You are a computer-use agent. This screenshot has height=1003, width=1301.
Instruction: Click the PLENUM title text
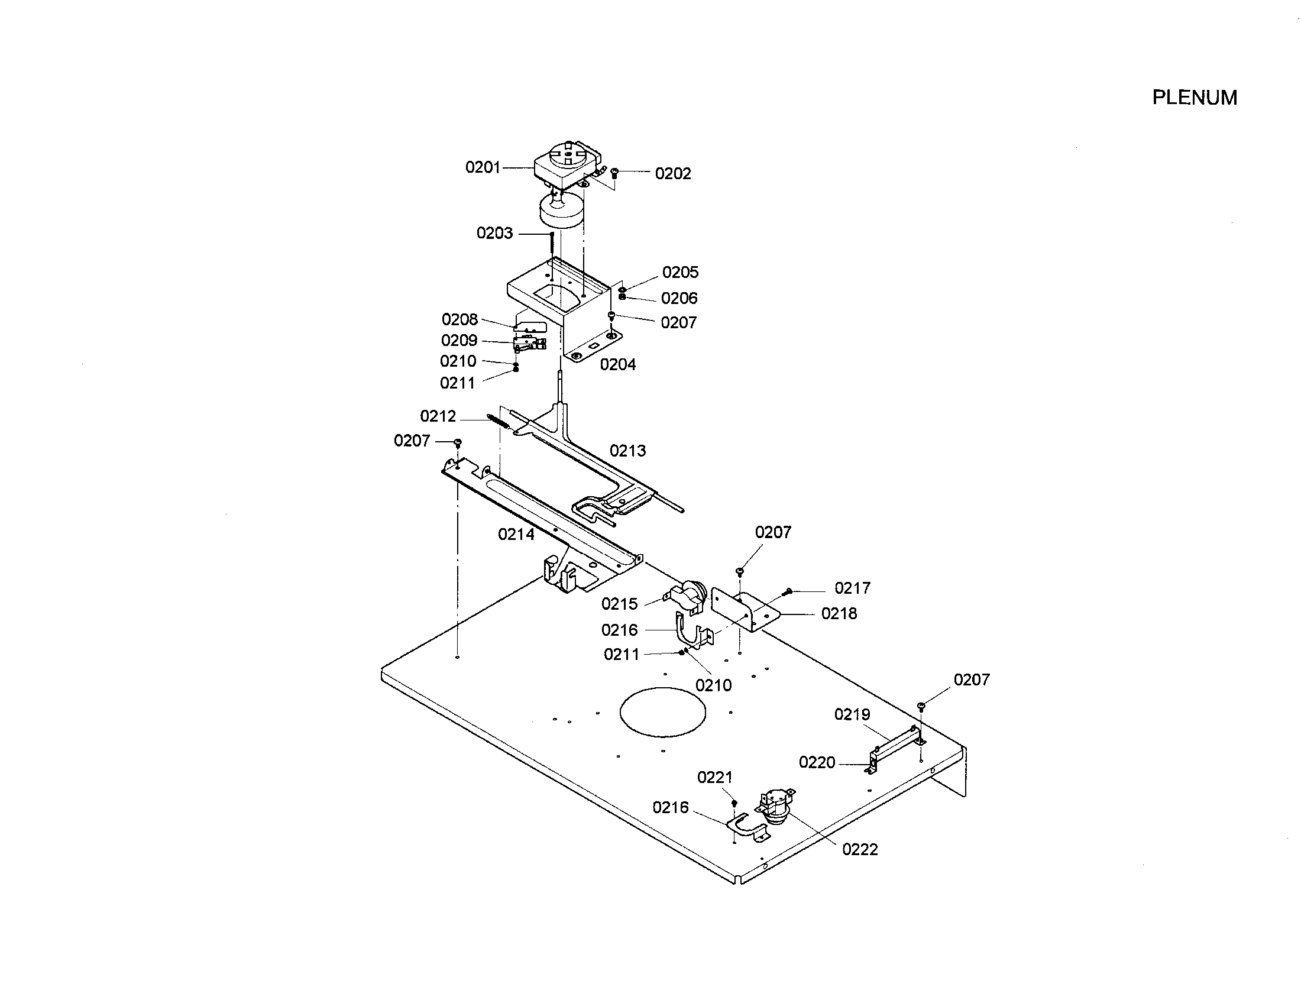(x=1195, y=98)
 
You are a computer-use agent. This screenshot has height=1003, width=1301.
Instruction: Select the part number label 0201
(x=483, y=167)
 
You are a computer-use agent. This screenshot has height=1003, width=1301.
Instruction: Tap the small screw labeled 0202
(x=616, y=173)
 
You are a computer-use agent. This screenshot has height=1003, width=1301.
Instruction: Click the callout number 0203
(x=494, y=233)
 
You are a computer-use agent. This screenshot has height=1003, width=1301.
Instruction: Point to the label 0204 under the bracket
(x=618, y=364)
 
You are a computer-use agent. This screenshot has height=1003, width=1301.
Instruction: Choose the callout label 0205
(x=680, y=272)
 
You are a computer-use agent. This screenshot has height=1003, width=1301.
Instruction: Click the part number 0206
(x=679, y=299)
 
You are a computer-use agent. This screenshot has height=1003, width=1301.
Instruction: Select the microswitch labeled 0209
(x=529, y=344)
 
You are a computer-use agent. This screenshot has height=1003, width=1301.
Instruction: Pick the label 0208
(x=459, y=320)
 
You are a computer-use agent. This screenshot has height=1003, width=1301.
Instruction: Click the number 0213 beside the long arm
(x=627, y=451)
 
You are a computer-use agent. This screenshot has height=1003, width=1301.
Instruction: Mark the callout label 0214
(x=516, y=535)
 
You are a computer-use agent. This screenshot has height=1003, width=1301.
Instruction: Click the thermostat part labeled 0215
(x=688, y=597)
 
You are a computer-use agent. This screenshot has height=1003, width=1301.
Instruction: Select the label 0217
(x=852, y=588)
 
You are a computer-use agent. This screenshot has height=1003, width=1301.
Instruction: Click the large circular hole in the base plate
(x=662, y=711)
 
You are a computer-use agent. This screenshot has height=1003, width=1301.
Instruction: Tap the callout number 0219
(x=852, y=714)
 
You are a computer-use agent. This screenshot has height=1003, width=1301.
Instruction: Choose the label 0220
(x=817, y=762)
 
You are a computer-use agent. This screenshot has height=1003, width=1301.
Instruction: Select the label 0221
(x=714, y=777)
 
